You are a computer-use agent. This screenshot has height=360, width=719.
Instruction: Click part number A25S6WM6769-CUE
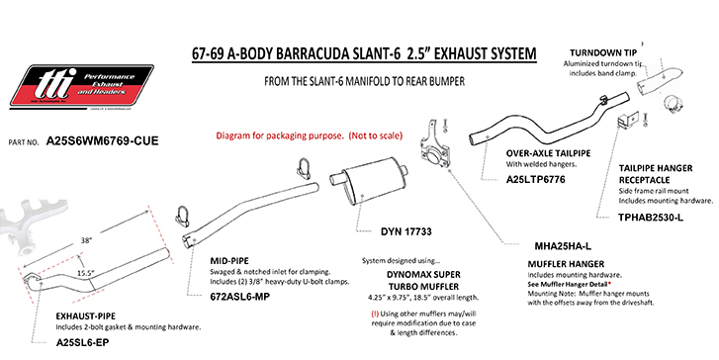point(103,141)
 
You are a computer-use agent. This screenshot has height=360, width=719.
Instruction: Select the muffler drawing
point(376,185)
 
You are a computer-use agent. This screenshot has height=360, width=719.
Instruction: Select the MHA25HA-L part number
point(562,244)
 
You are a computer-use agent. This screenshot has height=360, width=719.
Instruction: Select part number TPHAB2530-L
point(651,216)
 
